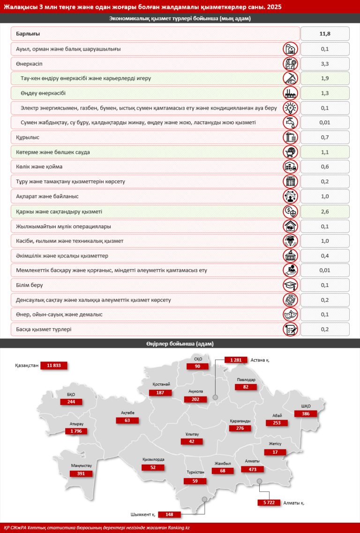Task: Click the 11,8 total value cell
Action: click(325, 34)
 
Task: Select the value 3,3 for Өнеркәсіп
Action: click(325, 63)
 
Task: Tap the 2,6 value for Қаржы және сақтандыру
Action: click(325, 211)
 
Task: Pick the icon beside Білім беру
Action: click(291, 285)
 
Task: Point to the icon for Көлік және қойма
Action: click(291, 167)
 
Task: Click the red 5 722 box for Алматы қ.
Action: click(269, 503)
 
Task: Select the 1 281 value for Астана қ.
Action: click(236, 360)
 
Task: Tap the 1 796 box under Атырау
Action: click(76, 431)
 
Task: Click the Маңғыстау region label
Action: click(81, 466)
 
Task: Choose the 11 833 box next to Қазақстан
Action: click(54, 365)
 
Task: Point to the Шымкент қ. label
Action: click(143, 514)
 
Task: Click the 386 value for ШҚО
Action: click(306, 413)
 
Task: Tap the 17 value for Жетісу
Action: click(275, 452)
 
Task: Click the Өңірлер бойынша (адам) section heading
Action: click(180, 344)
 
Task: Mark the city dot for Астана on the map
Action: click(215, 398)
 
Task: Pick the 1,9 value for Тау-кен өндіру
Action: click(325, 78)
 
